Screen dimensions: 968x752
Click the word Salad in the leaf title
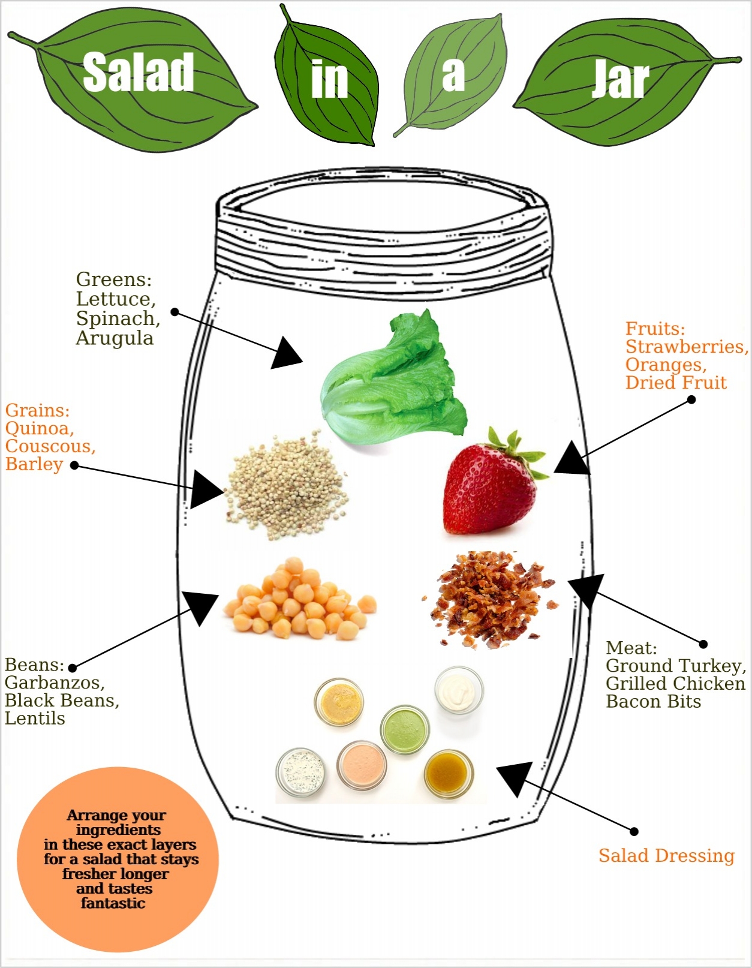pyautogui.click(x=139, y=73)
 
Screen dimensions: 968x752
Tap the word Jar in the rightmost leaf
pyautogui.click(x=620, y=79)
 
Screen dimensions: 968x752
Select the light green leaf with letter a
pyautogui.click(x=454, y=75)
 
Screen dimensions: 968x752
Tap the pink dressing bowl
pyautogui.click(x=361, y=765)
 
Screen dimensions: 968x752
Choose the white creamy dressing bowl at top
pyautogui.click(x=459, y=690)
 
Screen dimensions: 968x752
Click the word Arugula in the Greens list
pyautogui.click(x=115, y=338)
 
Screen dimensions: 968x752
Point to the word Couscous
pyautogui.click(x=50, y=446)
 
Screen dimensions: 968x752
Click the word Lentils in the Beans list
pyautogui.click(x=35, y=718)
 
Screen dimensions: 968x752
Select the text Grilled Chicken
pyautogui.click(x=675, y=684)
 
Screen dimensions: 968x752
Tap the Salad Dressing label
pyautogui.click(x=666, y=856)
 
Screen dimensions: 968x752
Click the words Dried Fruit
pyautogui.click(x=676, y=383)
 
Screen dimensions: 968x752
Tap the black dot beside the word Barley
pyautogui.click(x=75, y=465)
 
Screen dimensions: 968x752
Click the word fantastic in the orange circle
pyautogui.click(x=113, y=903)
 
